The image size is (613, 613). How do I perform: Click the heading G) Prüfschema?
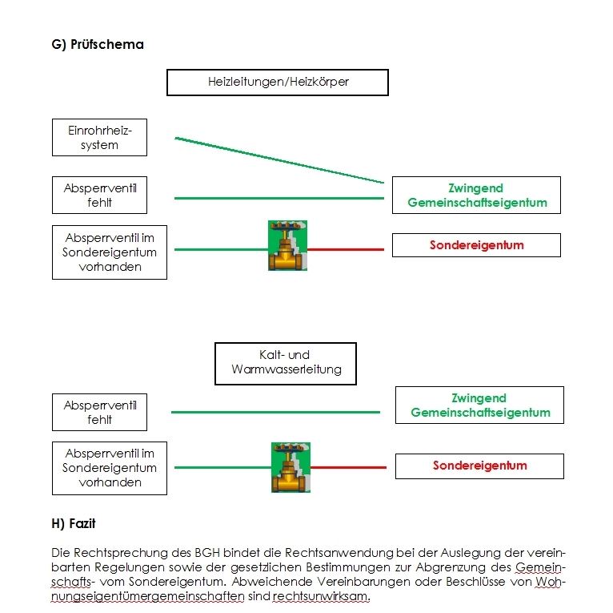coord(98,45)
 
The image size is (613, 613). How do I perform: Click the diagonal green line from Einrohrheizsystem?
coord(279,160)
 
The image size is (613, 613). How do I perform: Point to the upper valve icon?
coord(287,245)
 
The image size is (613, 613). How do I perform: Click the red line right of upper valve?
coord(346,249)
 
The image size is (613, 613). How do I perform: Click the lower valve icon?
coord(290,467)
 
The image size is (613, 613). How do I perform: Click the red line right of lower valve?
coord(348,467)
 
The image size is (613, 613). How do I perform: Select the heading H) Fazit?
coord(74,524)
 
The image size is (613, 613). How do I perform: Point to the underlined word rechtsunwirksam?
coord(322,596)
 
